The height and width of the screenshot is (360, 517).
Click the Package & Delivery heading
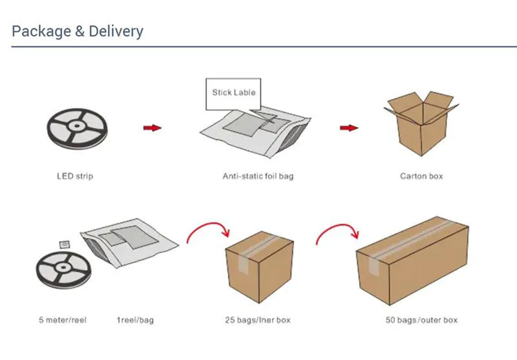coord(78,31)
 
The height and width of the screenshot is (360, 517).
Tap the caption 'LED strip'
coord(74,176)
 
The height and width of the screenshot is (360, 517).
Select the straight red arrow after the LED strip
coord(153,128)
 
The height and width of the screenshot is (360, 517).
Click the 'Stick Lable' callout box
coord(233,92)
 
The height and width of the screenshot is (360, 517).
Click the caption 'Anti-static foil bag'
coord(258,176)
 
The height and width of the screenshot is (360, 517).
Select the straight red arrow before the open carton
coord(349,127)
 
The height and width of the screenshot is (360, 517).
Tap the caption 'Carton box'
coord(421,176)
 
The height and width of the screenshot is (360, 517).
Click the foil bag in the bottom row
coord(129,240)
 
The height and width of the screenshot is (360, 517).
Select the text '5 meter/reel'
coord(62,320)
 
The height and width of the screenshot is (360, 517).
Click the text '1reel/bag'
coord(135,320)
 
